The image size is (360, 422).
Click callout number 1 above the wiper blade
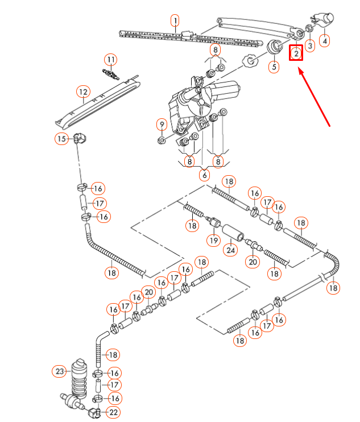click(175, 22)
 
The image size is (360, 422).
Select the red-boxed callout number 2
click(296, 53)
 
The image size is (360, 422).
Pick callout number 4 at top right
click(325, 40)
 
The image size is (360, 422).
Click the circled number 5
click(274, 67)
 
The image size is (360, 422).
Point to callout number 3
click(310, 45)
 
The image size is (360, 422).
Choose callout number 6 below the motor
click(204, 176)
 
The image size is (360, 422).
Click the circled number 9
click(162, 125)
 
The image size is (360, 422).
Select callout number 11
click(110, 59)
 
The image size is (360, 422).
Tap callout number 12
click(84, 92)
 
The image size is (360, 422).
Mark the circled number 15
click(61, 138)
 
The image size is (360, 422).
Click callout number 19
click(213, 239)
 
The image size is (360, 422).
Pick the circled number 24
click(230, 249)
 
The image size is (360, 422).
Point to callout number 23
click(60, 372)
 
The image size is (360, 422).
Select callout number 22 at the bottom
click(114, 412)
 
